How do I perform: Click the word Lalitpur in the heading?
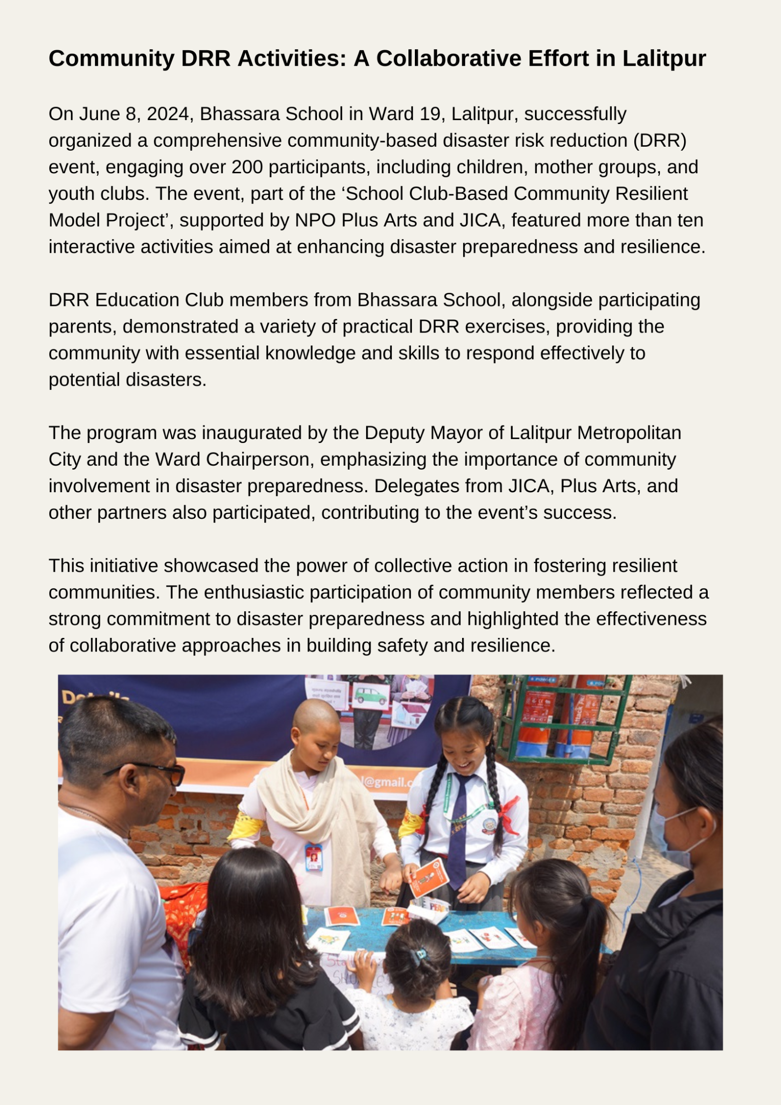tap(664, 59)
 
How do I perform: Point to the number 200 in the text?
tap(247, 167)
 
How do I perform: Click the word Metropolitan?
tap(629, 433)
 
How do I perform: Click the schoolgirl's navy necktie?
tap(458, 829)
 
